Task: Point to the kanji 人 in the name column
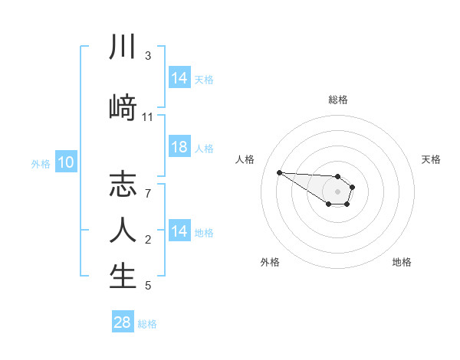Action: (123, 230)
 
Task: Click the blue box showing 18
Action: (179, 148)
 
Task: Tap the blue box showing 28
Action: (122, 322)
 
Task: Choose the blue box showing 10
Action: (65, 162)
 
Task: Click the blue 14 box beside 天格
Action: (179, 78)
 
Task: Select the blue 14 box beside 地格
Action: (179, 231)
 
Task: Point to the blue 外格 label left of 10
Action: (41, 163)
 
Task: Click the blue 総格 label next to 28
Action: (147, 324)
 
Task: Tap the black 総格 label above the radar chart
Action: (338, 100)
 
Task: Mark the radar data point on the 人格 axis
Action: (279, 172)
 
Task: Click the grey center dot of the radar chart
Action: (337, 191)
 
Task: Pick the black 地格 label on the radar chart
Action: (402, 262)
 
